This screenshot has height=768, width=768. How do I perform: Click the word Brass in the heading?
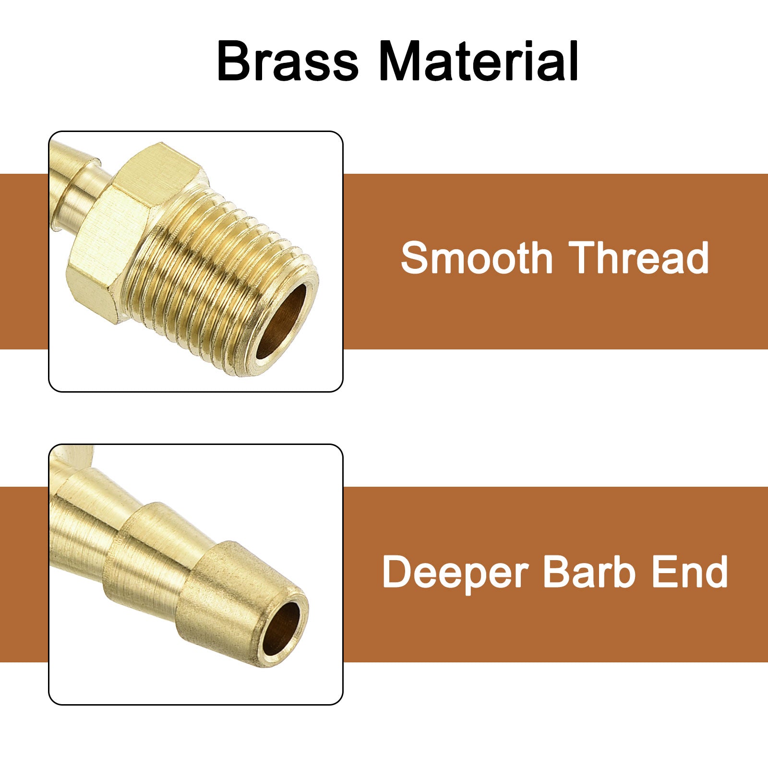pos(288,61)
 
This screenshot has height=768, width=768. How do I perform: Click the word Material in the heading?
pos(479,61)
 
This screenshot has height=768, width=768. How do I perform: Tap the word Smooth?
pos(477,258)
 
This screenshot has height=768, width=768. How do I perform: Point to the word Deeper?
pos(455,572)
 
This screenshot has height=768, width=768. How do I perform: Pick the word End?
pos(690,571)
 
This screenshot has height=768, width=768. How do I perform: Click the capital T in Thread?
pos(582,258)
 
